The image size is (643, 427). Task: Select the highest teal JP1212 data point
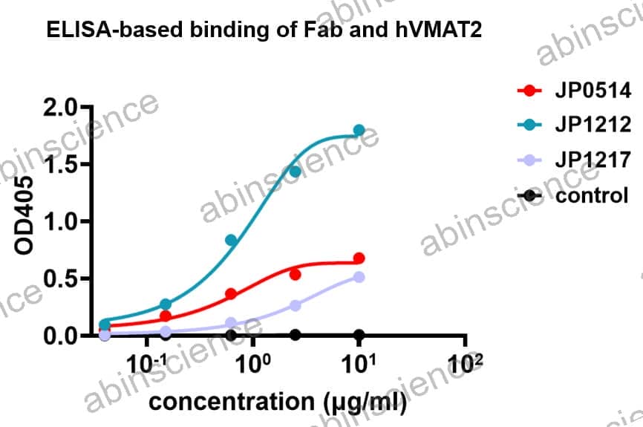(x=359, y=130)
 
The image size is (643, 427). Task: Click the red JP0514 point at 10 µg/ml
(x=359, y=258)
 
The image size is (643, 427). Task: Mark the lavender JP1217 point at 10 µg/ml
(x=359, y=277)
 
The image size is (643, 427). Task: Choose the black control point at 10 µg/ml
(x=359, y=335)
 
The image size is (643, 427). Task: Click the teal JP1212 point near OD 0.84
(x=231, y=240)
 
